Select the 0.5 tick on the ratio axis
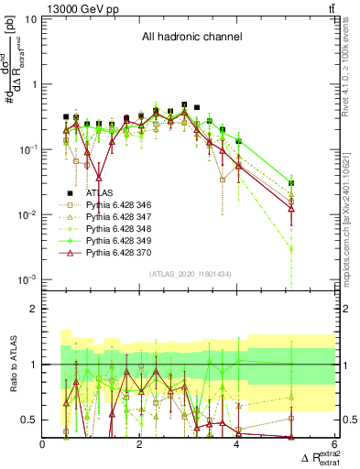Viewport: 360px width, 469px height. [x=30, y=420]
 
